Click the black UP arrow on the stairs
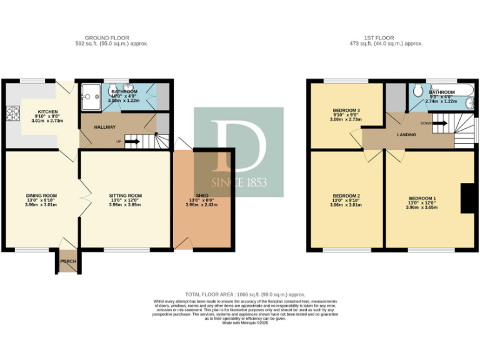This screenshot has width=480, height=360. tap(132, 142)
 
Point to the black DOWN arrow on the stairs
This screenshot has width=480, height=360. tap(439, 123)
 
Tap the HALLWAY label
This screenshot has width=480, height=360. tap(104, 127)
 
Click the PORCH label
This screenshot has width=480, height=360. tap(67, 262)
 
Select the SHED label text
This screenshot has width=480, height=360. tap(202, 196)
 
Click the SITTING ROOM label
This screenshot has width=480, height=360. tap(125, 196)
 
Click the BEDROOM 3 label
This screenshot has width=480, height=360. tap(346, 110)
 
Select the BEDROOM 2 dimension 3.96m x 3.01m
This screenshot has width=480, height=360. tap(346, 204)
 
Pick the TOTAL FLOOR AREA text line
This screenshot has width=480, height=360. tap(244, 294)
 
